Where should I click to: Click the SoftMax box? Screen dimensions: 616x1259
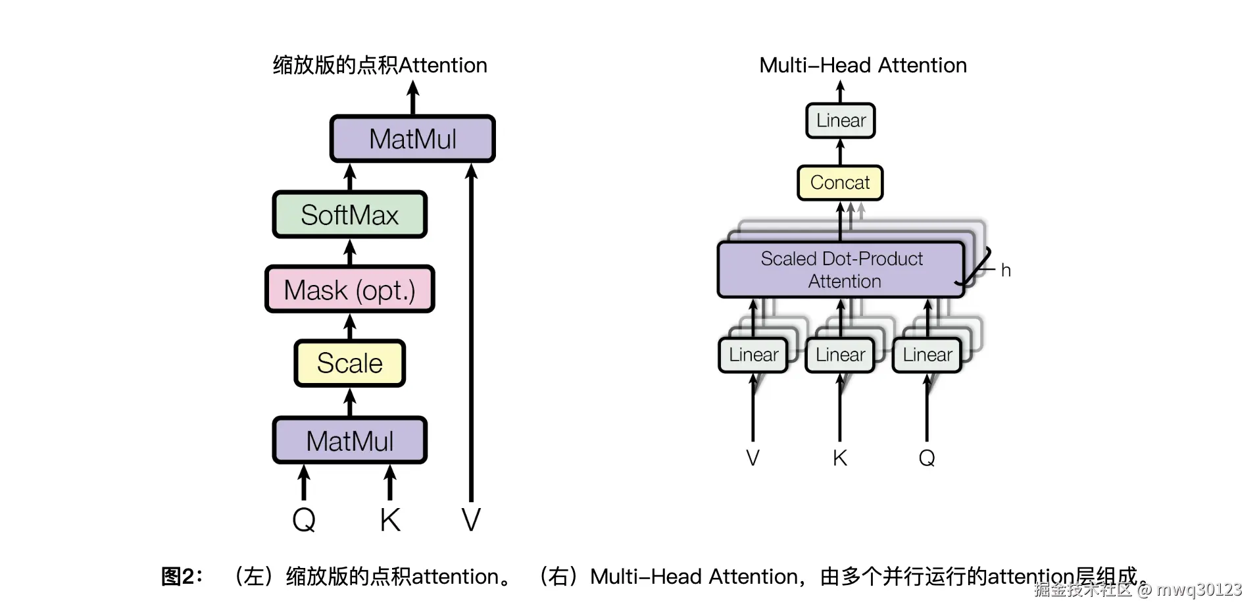click(349, 215)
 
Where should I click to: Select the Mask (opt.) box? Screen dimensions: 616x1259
click(349, 290)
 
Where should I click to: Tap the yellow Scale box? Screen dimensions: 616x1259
click(349, 363)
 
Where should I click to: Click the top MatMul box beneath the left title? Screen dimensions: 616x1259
click(412, 139)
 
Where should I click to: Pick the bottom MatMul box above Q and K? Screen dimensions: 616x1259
click(349, 440)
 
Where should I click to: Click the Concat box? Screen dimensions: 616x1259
click(840, 182)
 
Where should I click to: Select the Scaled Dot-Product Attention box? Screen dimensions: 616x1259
click(841, 270)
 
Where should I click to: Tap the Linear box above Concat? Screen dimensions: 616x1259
click(840, 120)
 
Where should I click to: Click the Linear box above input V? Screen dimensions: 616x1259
click(753, 355)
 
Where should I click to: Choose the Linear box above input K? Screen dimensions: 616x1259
click(840, 355)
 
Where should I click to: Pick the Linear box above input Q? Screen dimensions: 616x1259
click(927, 355)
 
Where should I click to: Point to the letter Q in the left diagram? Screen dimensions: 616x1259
click(304, 520)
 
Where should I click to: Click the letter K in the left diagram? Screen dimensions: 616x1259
click(389, 520)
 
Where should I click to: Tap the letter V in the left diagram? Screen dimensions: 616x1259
click(471, 520)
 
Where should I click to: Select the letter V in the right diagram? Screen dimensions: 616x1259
click(753, 457)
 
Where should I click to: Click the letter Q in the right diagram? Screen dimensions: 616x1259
click(927, 457)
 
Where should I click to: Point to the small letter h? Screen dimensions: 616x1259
click(1005, 270)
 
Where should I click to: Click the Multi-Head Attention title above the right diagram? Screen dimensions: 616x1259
click(863, 65)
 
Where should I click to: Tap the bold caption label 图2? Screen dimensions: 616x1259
click(182, 577)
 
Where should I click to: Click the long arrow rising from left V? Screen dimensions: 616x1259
click(471, 329)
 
